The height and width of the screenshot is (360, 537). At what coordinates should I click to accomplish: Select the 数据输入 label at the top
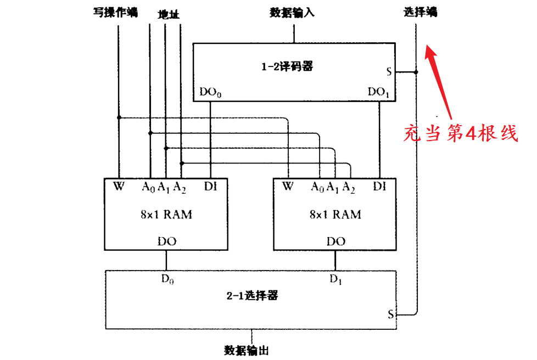[292, 12]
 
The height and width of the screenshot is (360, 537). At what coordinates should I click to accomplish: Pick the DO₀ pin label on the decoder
[210, 92]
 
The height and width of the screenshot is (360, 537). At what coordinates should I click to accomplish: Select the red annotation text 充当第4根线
[461, 133]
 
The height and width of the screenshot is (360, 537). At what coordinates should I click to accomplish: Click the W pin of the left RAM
[119, 187]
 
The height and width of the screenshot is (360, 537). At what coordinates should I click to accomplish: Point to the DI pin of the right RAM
[379, 187]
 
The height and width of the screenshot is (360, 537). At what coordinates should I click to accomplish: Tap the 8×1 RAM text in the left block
[166, 214]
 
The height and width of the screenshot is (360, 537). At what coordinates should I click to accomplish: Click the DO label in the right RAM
[335, 241]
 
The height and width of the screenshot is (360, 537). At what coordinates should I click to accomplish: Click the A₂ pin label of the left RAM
[180, 187]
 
